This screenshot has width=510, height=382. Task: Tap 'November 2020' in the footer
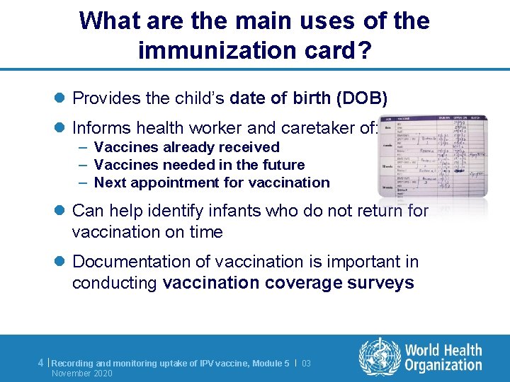coord(82,374)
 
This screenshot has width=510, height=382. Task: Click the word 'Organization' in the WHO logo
coord(443,365)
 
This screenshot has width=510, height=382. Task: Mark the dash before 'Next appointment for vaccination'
coord(83,183)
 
